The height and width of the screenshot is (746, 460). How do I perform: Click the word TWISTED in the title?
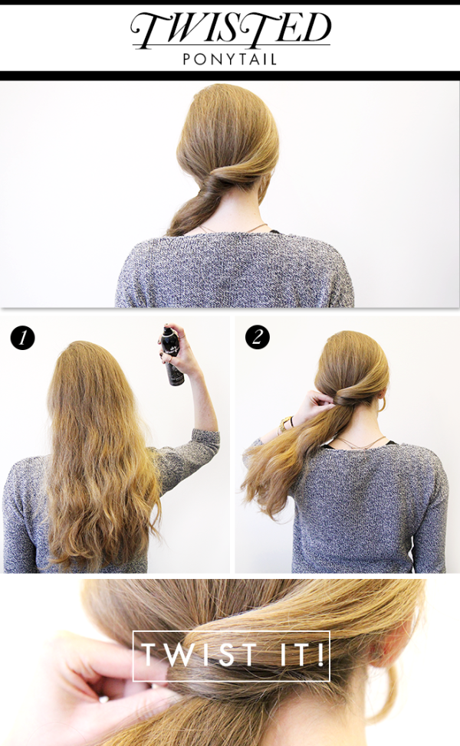pos(231,30)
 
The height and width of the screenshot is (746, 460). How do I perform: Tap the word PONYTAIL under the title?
pos(230,60)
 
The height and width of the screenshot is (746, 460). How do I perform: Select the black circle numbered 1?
pos(22,338)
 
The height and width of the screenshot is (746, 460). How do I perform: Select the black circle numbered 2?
pos(258,337)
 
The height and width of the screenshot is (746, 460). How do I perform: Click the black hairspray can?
pos(172,355)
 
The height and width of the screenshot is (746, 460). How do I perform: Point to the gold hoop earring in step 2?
pos(382,404)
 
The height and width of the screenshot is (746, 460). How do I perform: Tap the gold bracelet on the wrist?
pos(285,424)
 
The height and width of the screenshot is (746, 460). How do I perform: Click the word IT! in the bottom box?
pos(301,654)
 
